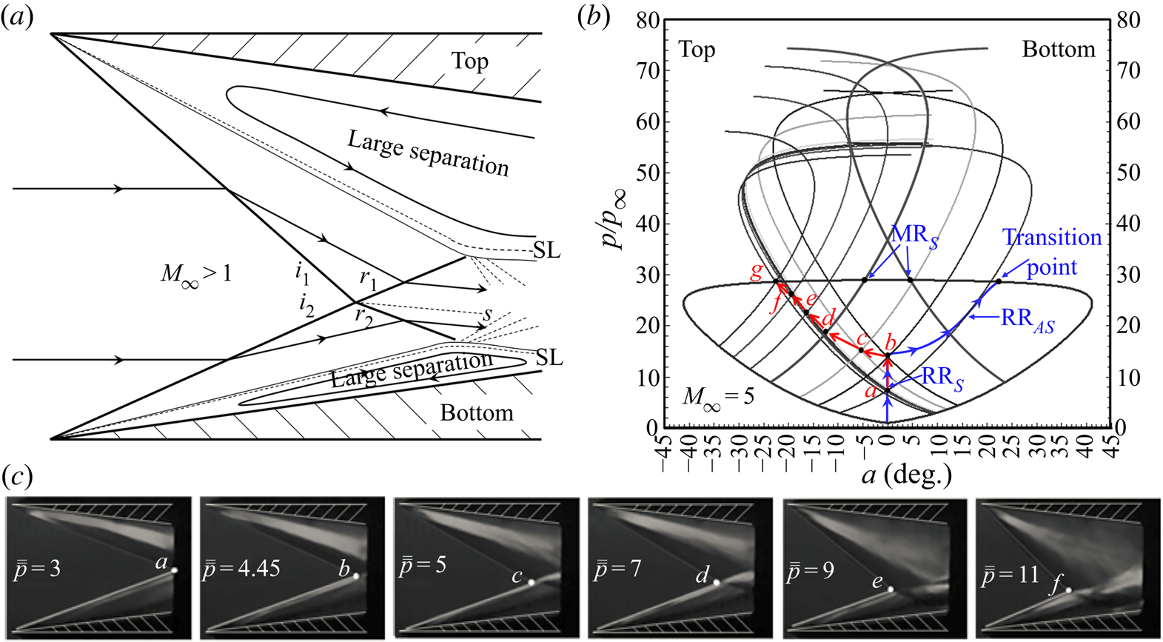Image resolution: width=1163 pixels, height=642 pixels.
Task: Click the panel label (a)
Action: coord(17,16)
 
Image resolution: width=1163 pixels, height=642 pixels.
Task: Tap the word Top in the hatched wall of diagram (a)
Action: coord(470,61)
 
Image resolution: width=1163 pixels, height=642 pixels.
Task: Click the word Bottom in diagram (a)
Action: coord(476,412)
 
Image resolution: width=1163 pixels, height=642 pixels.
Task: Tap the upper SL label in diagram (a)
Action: coord(546,250)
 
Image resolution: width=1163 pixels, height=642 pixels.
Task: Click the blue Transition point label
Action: coord(1052,252)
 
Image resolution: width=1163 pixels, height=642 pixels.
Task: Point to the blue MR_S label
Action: coord(914,235)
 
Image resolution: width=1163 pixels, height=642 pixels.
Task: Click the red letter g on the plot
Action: coord(756,270)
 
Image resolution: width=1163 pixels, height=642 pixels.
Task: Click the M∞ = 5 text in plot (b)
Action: coord(718,398)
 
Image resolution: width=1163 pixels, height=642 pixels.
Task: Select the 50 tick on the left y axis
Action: coord(648,173)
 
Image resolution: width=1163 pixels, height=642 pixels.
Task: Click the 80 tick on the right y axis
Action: coord(1128,20)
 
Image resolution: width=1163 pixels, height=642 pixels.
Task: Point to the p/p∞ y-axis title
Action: coord(615,220)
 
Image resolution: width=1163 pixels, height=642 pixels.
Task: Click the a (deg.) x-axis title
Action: coord(906,474)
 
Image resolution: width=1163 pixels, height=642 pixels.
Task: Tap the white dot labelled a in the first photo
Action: coord(175,570)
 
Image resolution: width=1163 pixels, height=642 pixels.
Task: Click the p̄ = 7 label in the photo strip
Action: coord(617,570)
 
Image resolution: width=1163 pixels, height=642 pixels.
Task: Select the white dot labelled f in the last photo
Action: coord(1068,590)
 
